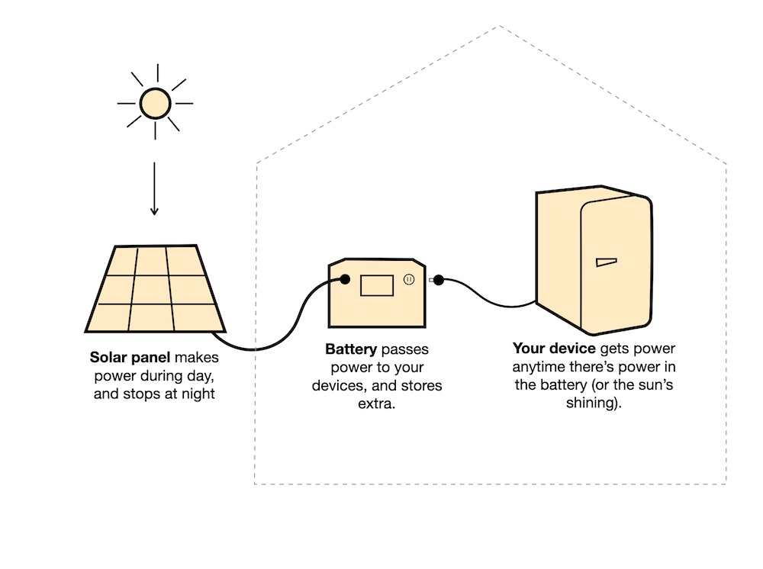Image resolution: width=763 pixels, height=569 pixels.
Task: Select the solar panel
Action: coord(155,289)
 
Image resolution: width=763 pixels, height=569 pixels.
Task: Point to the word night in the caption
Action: coord(198,394)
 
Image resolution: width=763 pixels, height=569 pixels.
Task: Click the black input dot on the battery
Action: coord(345,280)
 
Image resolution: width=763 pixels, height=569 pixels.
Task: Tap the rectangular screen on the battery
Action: coord(376,284)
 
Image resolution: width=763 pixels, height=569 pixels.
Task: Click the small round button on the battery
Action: coord(409,280)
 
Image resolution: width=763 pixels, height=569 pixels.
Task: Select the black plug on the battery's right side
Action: coord(438,280)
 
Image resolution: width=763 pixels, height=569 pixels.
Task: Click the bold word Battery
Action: coord(351,349)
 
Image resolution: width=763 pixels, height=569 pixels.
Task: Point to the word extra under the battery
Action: coord(376,403)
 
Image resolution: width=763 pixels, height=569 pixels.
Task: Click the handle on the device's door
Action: coord(605,262)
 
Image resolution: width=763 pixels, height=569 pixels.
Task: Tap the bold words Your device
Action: coord(553,349)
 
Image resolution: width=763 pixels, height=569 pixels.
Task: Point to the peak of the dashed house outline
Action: coord(499,27)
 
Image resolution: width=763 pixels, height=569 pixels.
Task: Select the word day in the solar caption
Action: coord(210,376)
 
